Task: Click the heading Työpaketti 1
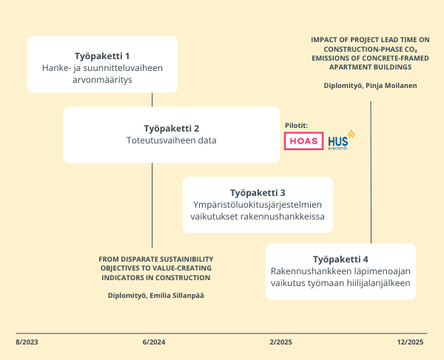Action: (x=102, y=55)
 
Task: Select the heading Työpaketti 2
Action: (x=171, y=128)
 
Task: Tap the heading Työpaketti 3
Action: (x=258, y=191)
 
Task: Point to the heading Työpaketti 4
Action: (x=340, y=259)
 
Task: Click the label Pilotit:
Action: (x=296, y=125)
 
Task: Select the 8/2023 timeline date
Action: (x=27, y=342)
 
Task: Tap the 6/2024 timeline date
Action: (x=153, y=342)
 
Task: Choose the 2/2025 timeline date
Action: (x=281, y=342)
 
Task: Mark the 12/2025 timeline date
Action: (x=409, y=342)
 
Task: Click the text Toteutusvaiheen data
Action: (x=171, y=140)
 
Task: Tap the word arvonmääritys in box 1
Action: (x=102, y=80)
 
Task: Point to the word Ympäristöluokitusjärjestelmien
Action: (x=258, y=204)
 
